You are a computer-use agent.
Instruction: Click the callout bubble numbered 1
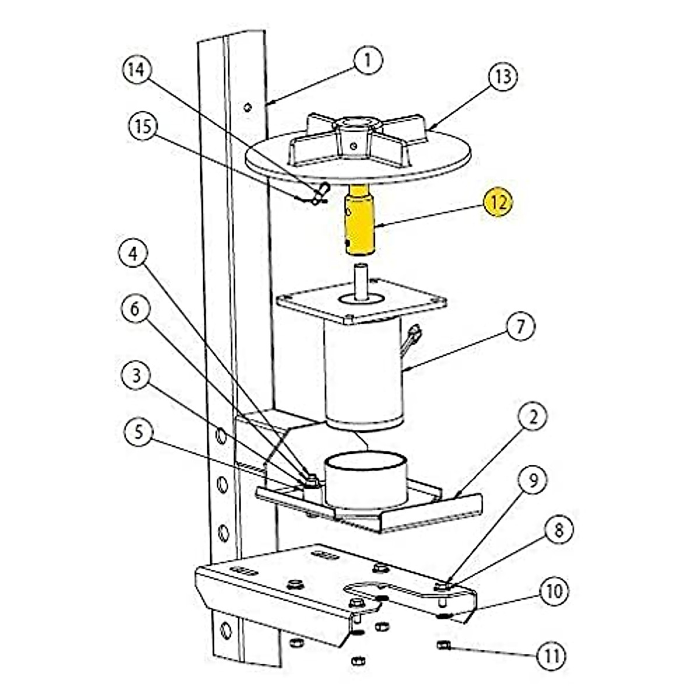pyautogui.click(x=367, y=60)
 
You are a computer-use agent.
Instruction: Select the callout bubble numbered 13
pyautogui.click(x=503, y=76)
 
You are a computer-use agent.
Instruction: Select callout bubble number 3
pyautogui.click(x=136, y=376)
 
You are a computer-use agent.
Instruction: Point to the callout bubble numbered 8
pyautogui.click(x=559, y=530)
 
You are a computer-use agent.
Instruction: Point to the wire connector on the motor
pyautogui.click(x=415, y=335)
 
